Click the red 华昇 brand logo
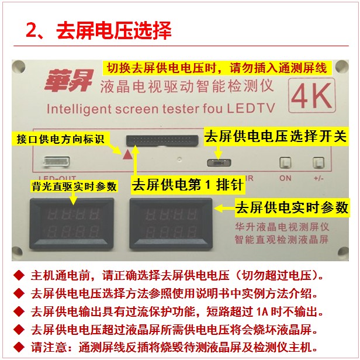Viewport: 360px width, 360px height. (70, 80)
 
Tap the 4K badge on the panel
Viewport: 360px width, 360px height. (312, 95)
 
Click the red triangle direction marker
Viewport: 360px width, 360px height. (127, 155)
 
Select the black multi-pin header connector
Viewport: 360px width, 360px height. (162, 140)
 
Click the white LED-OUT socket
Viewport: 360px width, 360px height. (57, 161)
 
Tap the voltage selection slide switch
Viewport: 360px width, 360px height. (219, 163)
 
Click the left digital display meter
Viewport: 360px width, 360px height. (72, 224)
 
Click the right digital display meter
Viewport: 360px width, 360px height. (171, 224)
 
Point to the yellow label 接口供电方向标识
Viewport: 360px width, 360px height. (61, 139)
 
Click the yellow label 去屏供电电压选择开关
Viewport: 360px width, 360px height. (276, 137)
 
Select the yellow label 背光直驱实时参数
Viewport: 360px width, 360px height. (74, 186)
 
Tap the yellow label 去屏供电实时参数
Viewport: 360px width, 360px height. (292, 208)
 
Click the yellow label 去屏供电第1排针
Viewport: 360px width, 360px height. (188, 185)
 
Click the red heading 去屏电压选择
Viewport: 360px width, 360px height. (114, 30)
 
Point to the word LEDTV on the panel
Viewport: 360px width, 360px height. (251, 108)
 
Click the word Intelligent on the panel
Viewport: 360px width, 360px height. (79, 109)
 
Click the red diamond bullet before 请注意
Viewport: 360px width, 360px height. (19, 347)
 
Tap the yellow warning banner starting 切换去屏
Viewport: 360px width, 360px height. (217, 68)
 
